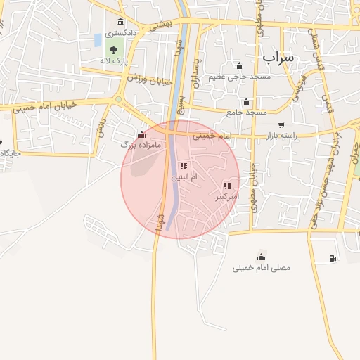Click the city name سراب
click(x=278, y=56)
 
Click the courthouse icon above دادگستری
click(x=121, y=22)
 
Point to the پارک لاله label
click(x=114, y=60)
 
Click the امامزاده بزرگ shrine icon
click(x=143, y=134)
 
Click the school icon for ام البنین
click(x=184, y=166)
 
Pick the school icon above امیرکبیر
click(x=226, y=186)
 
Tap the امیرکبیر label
click(x=226, y=197)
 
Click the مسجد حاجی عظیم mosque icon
click(x=238, y=65)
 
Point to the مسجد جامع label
click(x=246, y=112)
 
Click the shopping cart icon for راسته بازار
click(x=281, y=124)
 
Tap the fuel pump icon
click(x=332, y=258)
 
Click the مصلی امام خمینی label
click(x=261, y=268)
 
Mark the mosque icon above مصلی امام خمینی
click(x=262, y=256)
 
